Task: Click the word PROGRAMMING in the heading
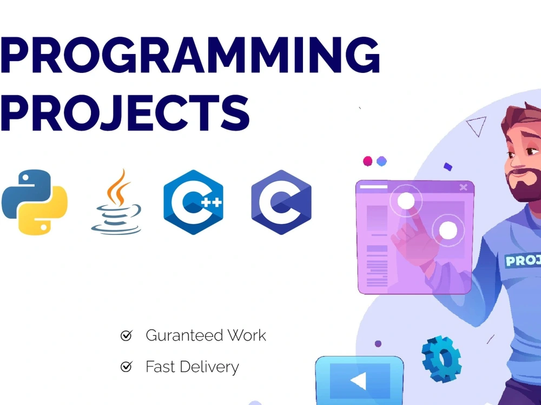[189, 56]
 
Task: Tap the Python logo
[35, 202]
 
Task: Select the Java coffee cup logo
[117, 203]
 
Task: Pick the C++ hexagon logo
[193, 202]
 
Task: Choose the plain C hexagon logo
[281, 202]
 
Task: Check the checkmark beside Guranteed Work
[126, 336]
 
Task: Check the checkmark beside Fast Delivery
[126, 367]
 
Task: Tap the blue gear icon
[441, 359]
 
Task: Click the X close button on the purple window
[463, 187]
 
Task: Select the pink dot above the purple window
[368, 161]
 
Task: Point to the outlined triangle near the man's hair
[476, 126]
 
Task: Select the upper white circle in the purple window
[406, 201]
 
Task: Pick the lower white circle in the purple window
[448, 231]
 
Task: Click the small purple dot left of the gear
[378, 343]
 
